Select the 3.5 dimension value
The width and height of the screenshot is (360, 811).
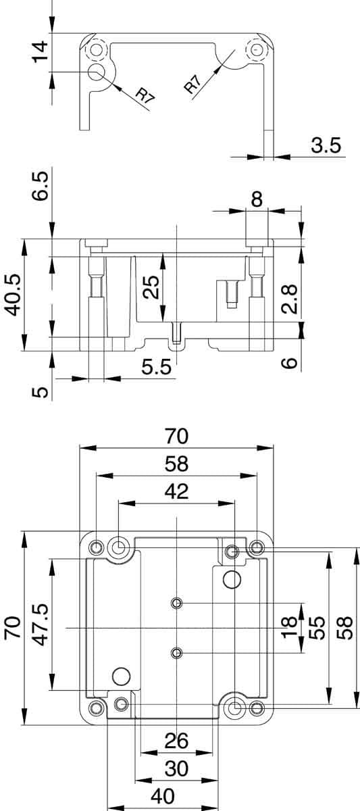[326, 145]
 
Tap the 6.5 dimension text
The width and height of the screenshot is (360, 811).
[41, 185]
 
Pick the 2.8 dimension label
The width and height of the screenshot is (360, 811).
[289, 299]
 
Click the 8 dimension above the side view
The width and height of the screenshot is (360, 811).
[257, 200]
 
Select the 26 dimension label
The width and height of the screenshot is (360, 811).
[176, 741]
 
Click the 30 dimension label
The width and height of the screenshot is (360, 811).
[176, 768]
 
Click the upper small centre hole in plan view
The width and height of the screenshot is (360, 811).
[177, 603]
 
